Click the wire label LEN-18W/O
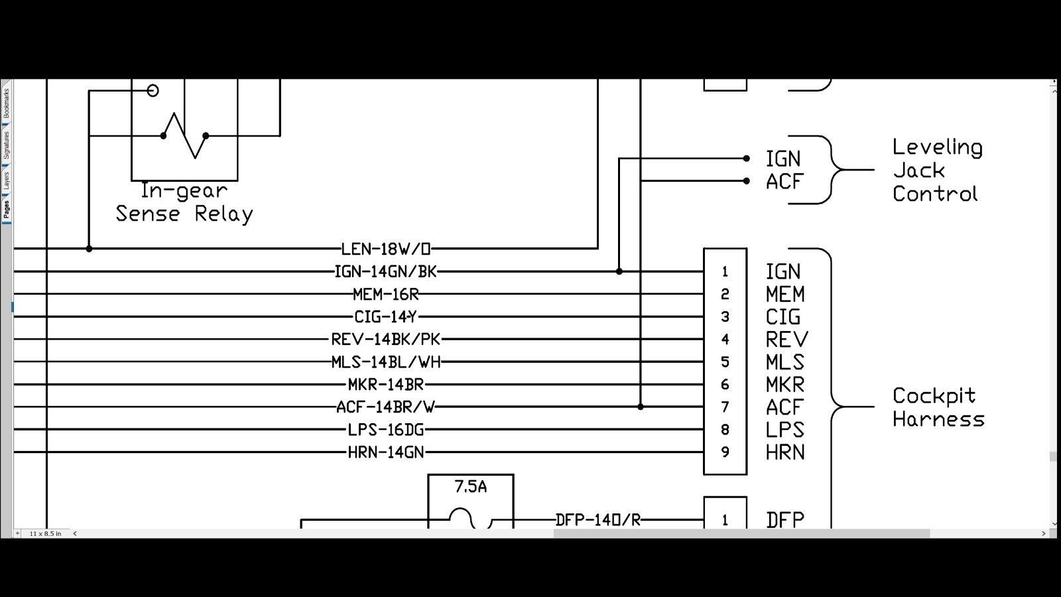385,249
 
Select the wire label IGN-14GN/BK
385,271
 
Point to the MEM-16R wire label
385,295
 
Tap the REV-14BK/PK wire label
385,339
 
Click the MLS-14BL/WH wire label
385,362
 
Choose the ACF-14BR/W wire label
385,407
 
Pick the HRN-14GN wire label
385,452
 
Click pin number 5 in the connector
725,362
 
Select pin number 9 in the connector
725,452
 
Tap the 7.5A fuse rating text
470,487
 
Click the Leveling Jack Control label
938,170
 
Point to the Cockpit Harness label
938,407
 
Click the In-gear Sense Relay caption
184,203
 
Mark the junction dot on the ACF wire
641,407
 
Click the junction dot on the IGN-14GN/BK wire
619,271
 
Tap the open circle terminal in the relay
153,90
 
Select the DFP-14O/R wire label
597,520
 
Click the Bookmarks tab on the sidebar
6,103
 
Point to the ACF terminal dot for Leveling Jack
747,181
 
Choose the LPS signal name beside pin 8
785,430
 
